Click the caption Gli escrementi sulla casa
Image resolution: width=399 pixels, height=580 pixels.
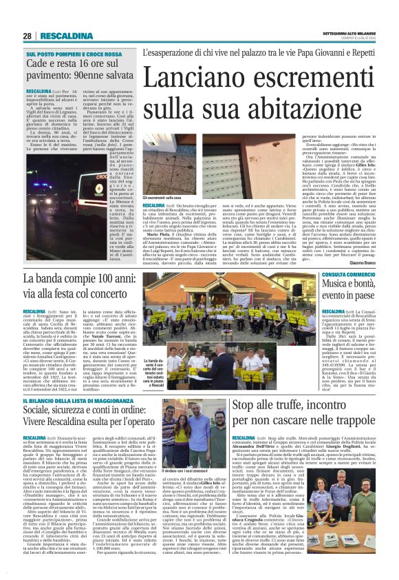[x=163, y=196]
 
